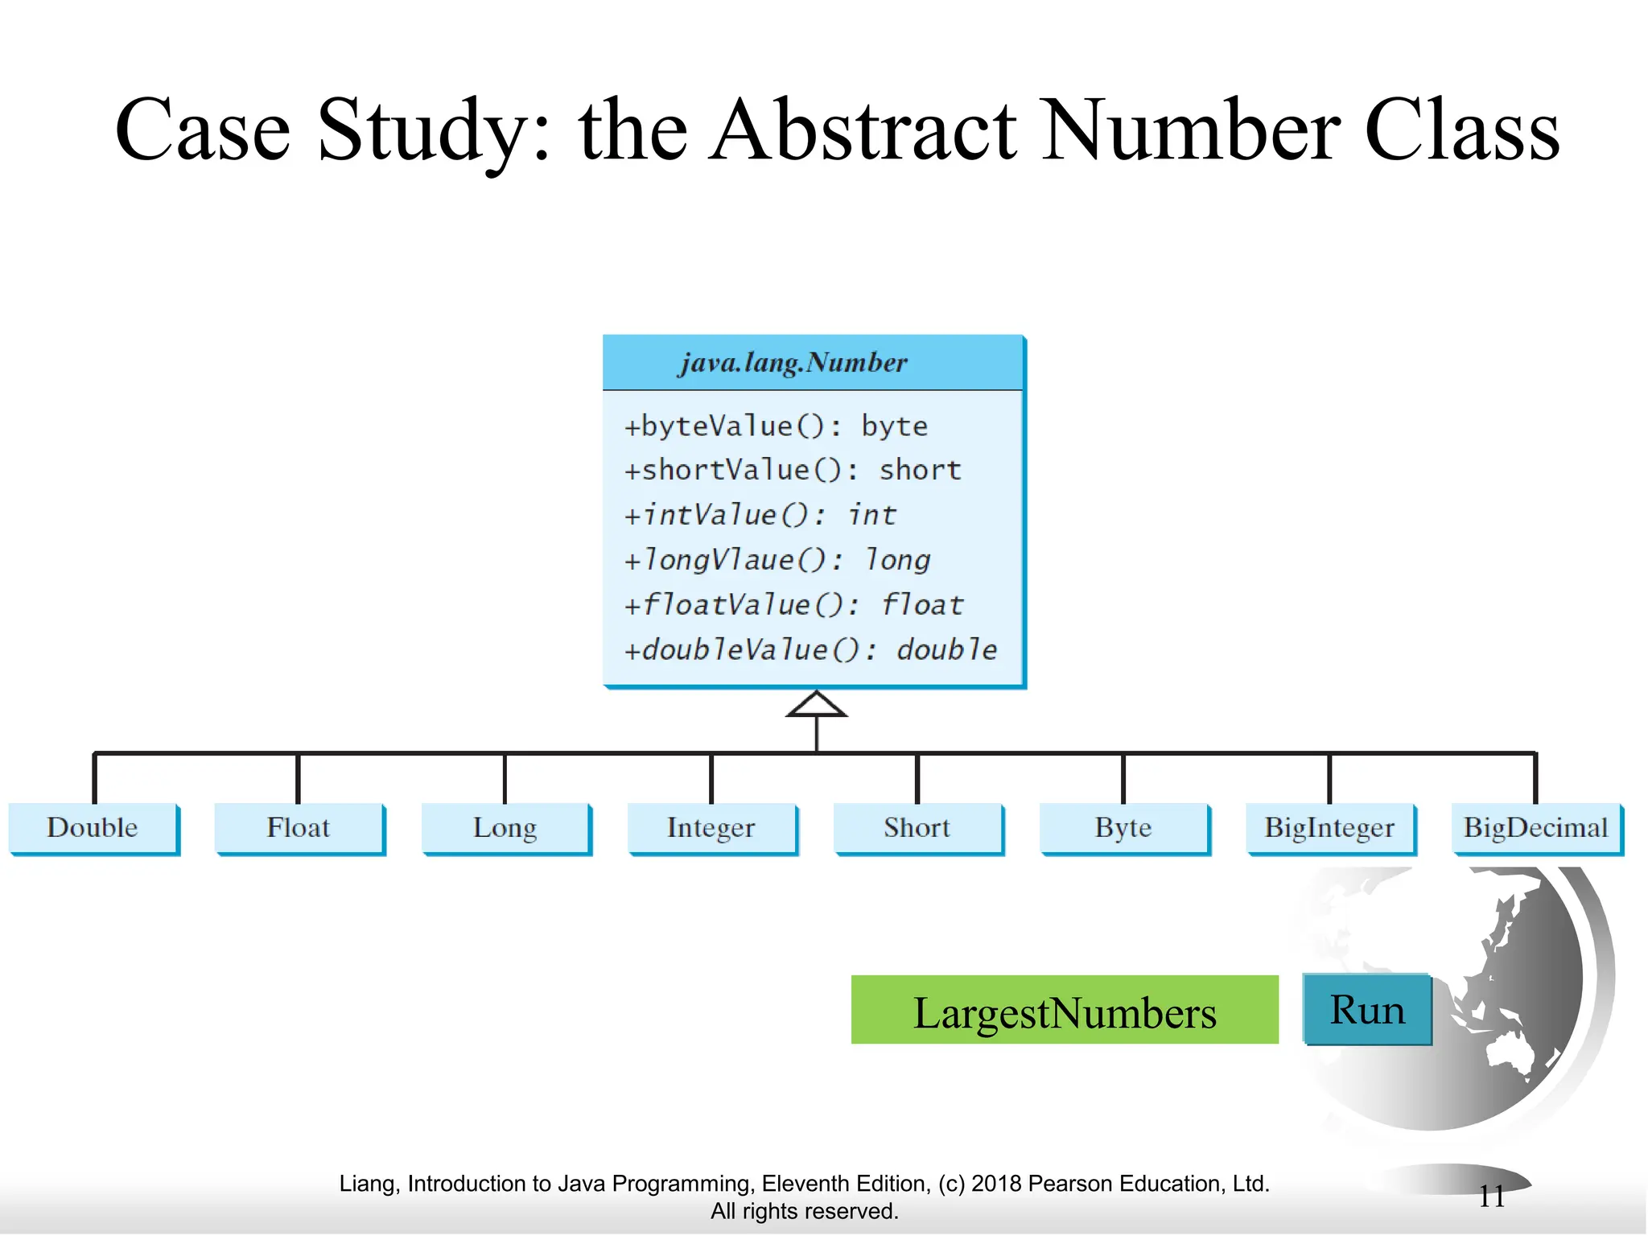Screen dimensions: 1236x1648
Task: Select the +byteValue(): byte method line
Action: [x=776, y=426]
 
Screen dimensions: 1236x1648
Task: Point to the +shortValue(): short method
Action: [x=793, y=470]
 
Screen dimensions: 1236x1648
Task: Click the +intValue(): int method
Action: [x=760, y=515]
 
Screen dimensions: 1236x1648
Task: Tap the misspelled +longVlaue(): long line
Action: [x=777, y=560]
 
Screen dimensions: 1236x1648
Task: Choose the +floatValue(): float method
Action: [x=793, y=605]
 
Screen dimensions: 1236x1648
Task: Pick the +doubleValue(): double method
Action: [x=810, y=650]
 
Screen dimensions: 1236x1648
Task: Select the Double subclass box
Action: [x=93, y=828]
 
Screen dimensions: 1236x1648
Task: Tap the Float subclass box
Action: [x=299, y=828]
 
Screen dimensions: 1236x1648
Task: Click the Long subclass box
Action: [x=505, y=828]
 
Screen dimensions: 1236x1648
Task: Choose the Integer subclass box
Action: [x=711, y=828]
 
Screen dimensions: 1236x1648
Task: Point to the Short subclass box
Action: [x=917, y=828]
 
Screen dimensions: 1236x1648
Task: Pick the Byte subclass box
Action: [x=1123, y=828]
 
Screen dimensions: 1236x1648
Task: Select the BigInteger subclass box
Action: [x=1329, y=828]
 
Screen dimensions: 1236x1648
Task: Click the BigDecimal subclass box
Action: [x=1535, y=828]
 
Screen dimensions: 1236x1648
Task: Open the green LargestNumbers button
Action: [x=1065, y=1011]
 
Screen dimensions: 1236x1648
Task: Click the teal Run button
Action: [x=1367, y=1010]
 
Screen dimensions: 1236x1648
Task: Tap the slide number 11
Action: [x=1492, y=1197]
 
